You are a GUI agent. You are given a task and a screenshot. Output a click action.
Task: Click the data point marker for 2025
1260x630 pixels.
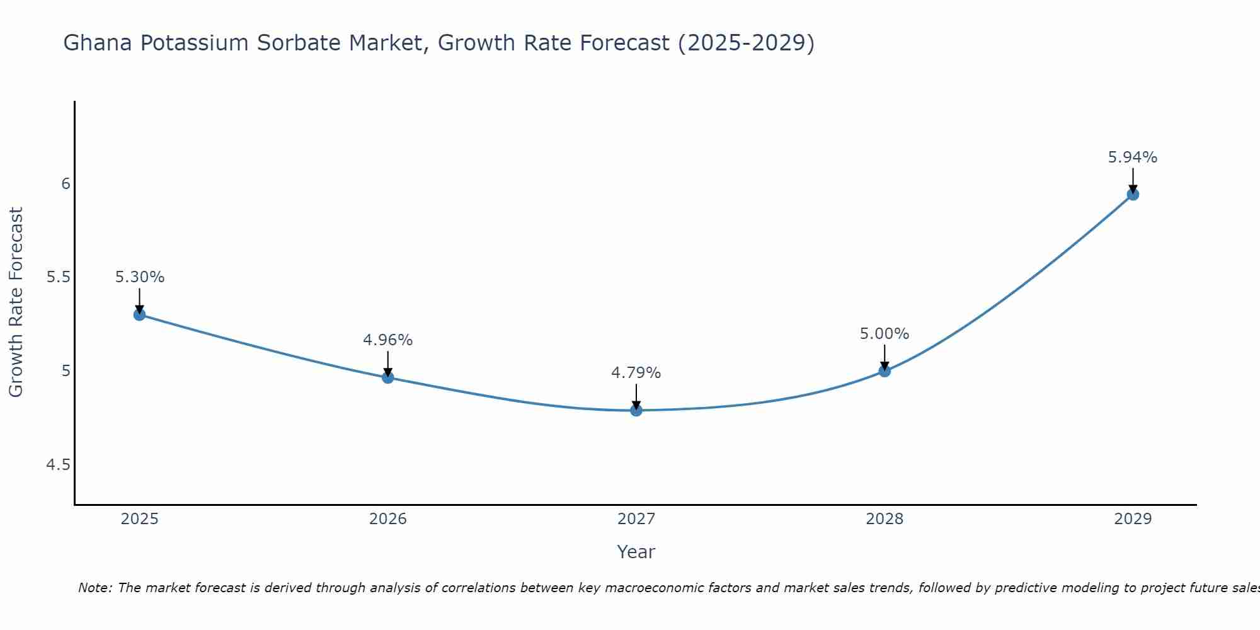coord(140,314)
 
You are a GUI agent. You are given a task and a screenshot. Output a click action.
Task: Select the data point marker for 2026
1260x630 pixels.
coord(388,377)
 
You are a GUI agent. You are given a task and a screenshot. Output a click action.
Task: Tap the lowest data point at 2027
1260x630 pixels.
coord(636,410)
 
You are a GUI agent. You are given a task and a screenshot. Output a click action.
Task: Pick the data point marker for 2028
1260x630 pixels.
coord(885,371)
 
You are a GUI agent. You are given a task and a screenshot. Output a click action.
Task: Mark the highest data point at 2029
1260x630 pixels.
coord(1133,195)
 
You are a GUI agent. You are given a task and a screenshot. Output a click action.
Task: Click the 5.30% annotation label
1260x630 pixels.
coord(140,277)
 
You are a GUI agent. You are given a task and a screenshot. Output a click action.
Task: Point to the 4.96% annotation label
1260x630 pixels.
coord(388,340)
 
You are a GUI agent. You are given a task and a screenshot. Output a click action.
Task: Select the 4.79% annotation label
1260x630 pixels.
coord(636,373)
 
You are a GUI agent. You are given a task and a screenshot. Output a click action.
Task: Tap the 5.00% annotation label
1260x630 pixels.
coord(885,334)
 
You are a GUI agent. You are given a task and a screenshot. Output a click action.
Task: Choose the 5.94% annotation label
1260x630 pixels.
coord(1133,157)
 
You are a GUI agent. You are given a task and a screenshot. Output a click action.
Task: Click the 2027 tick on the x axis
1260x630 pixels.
coord(636,519)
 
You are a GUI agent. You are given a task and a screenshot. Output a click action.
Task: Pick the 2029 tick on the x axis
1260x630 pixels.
coord(1133,519)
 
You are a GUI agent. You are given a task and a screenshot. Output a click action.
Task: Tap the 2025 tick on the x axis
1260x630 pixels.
coord(140,519)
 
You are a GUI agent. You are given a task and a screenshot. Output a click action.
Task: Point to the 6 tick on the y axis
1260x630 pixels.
coord(66,184)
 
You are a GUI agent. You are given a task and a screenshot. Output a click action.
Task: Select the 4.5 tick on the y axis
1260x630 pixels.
coord(58,465)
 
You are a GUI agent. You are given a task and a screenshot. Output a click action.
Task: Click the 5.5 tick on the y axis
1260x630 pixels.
coord(58,277)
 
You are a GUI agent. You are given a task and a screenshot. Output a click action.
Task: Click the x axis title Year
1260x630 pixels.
coord(636,552)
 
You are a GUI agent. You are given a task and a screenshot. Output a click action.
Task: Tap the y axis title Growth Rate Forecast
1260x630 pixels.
coord(16,302)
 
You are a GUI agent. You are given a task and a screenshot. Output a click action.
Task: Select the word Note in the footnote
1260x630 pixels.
coord(94,588)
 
